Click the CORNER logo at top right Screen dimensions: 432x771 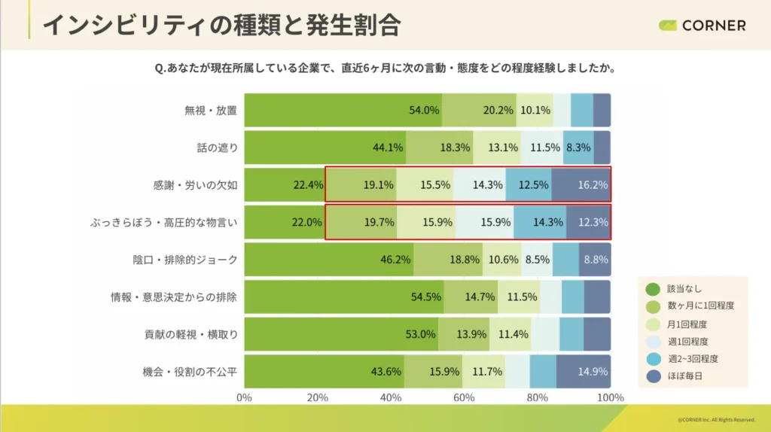coord(702,26)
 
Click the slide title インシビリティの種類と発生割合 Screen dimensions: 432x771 coord(221,25)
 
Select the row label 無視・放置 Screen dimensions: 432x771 coord(211,110)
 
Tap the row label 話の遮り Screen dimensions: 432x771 coord(217,148)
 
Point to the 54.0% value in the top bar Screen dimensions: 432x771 coord(424,110)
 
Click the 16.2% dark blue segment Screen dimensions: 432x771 coord(581,185)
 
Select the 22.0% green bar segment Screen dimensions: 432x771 coord(285,222)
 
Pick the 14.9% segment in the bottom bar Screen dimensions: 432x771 coord(584,371)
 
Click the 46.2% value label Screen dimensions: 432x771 coord(395,260)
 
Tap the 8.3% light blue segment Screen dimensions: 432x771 coord(578,148)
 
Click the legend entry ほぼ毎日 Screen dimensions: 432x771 coord(684,376)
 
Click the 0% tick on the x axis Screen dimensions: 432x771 coord(245,397)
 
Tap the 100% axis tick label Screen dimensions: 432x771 coord(610,397)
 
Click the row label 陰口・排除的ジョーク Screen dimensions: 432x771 coord(185,260)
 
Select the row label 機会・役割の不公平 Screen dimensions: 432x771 coord(190,371)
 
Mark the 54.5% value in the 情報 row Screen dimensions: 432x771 coord(426,297)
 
